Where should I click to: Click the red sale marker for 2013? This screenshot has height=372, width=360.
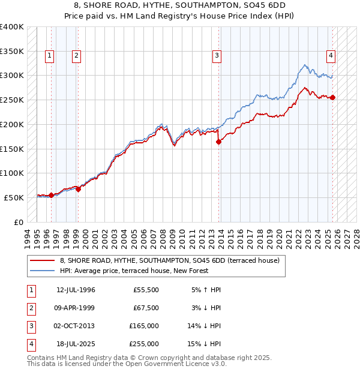(218, 142)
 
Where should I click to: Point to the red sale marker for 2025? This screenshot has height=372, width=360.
(332, 98)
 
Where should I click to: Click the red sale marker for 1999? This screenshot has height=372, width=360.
(78, 189)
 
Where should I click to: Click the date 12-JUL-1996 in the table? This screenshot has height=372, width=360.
(76, 290)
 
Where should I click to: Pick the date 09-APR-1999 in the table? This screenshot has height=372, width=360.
(76, 308)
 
